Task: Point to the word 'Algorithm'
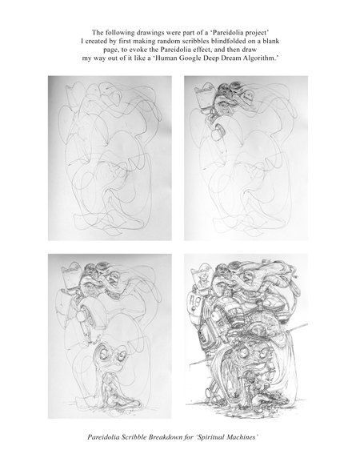click(x=260, y=58)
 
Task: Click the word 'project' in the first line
click(x=258, y=32)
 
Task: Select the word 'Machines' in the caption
click(x=242, y=437)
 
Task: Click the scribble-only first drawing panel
click(x=110, y=158)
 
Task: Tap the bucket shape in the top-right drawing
click(x=204, y=96)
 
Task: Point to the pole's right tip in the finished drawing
click(x=307, y=324)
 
